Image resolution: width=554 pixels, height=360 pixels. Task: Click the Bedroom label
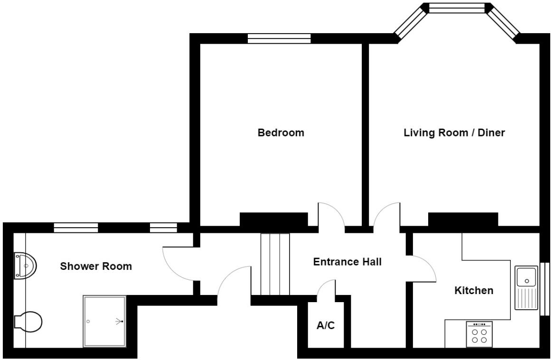coord(281,133)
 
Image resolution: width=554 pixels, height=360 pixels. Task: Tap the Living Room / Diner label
coord(454,133)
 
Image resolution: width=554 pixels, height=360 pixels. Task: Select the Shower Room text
coord(96,267)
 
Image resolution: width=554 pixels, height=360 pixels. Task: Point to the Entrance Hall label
coord(347,262)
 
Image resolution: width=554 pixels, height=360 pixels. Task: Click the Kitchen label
coord(474,290)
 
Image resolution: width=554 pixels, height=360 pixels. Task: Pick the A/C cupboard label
coord(326,326)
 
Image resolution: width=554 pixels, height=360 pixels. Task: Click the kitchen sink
coord(526,287)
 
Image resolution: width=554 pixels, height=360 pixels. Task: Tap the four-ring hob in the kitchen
coord(479,334)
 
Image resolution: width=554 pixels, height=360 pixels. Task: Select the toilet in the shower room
coord(28,322)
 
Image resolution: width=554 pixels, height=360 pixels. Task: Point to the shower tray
coord(105,322)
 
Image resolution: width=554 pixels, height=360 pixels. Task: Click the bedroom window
coord(279,38)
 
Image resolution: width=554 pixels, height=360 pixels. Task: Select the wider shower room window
coord(76,228)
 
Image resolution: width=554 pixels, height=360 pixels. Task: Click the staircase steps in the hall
coord(275,264)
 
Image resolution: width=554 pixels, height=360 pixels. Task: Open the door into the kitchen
coord(422,268)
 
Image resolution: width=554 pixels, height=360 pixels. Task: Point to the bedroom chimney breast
coord(273,220)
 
